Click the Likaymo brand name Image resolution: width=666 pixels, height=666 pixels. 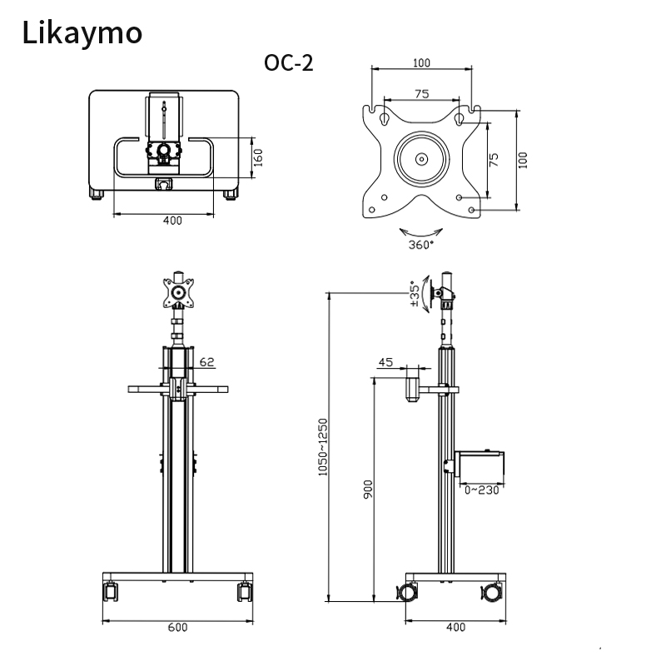click(82, 32)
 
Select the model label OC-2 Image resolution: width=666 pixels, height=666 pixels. click(288, 63)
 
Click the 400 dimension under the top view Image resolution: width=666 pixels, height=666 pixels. click(172, 221)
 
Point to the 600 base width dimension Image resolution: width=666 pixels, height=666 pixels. click(176, 627)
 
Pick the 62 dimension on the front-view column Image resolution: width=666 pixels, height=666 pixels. click(207, 362)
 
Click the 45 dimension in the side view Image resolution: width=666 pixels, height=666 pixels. click(385, 362)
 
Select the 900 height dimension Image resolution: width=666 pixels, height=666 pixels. click(368, 489)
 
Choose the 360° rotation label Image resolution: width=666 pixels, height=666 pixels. click(420, 245)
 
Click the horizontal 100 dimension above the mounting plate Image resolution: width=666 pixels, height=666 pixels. click(421, 62)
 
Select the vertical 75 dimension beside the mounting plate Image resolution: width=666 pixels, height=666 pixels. click(494, 160)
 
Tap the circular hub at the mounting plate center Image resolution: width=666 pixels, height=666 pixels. click(421, 158)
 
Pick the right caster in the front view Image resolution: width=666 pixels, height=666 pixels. click(244, 592)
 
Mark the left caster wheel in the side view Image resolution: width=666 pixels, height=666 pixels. click(407, 593)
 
